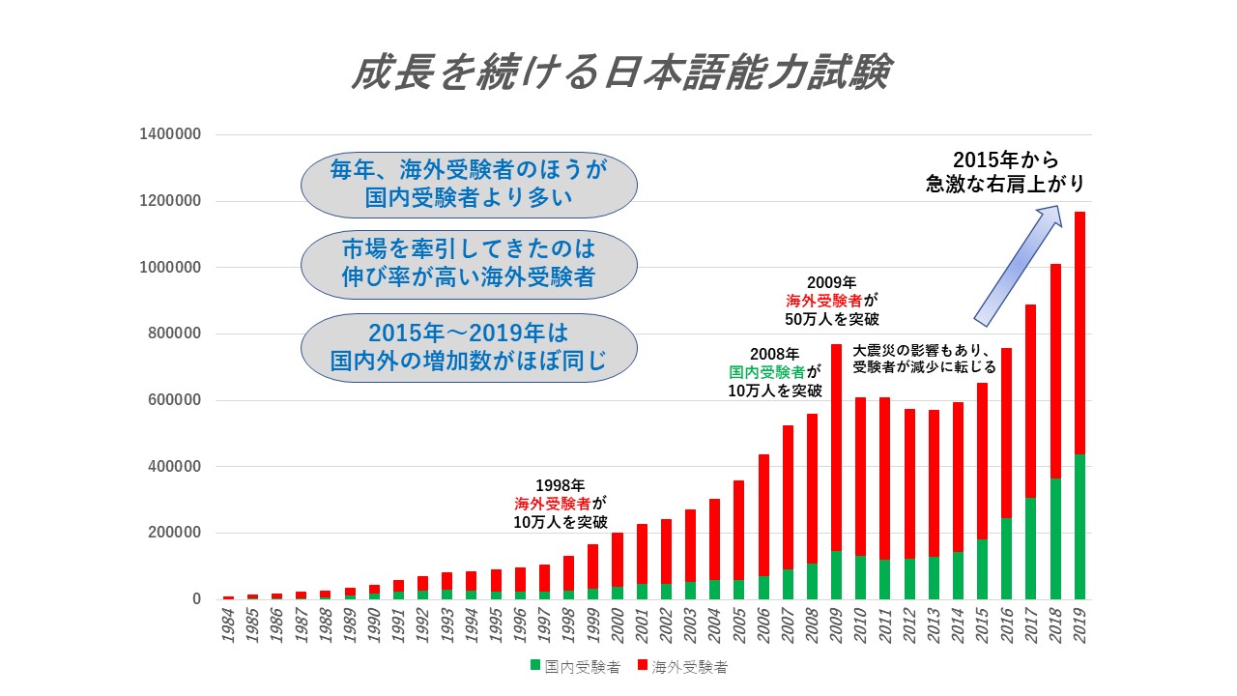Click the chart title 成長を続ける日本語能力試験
pos(621,72)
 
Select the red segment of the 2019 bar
pos(1079,333)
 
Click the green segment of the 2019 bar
pos(1079,527)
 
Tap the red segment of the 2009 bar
pos(836,448)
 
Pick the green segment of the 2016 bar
pos(1007,559)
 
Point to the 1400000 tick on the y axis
pos(170,134)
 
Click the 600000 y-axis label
pos(175,400)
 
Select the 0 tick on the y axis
pos(196,599)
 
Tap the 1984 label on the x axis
pos(228,625)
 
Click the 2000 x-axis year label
pos(618,625)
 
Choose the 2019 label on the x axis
pos(1079,625)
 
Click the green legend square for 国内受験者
pos(534,665)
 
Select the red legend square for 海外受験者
pos(642,665)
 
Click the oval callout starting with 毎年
pos(469,185)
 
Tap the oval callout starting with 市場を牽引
pos(469,265)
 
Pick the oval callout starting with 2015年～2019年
pos(469,348)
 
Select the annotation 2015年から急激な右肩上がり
pos(1005,172)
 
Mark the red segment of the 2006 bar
pos(763,515)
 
